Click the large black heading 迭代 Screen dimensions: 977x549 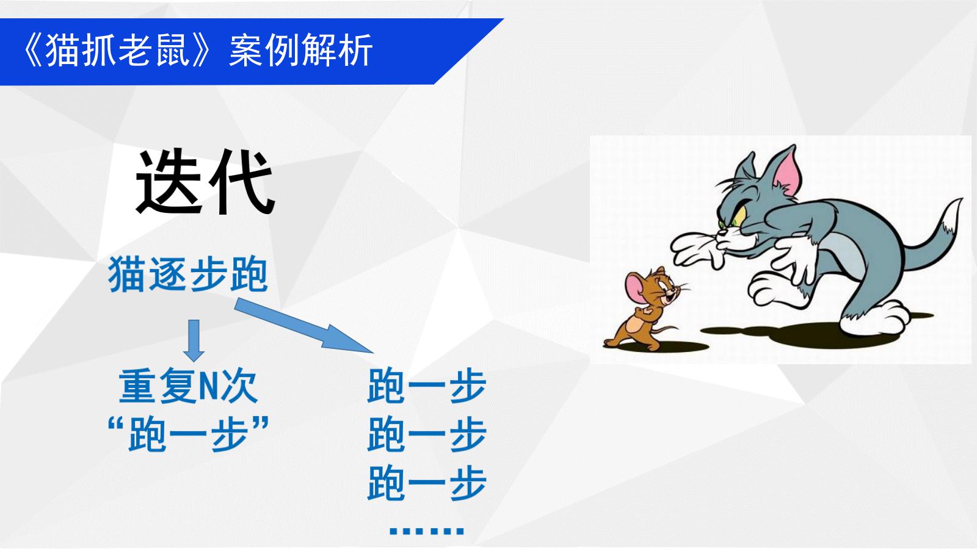coord(205,182)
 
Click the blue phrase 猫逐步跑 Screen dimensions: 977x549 coord(187,274)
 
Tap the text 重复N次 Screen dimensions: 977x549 coord(188,386)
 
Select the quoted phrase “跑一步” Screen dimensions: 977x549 coord(188,434)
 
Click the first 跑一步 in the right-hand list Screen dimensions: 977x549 coord(427,386)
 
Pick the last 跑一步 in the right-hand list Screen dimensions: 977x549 coord(427,483)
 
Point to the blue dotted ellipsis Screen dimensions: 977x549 coord(426,531)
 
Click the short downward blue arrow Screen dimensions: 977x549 coord(194,340)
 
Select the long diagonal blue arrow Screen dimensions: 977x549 coord(304,326)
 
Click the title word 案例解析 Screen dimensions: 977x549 coord(300,51)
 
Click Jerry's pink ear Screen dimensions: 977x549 coord(636,287)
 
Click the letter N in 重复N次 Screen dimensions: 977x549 coord(208,387)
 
